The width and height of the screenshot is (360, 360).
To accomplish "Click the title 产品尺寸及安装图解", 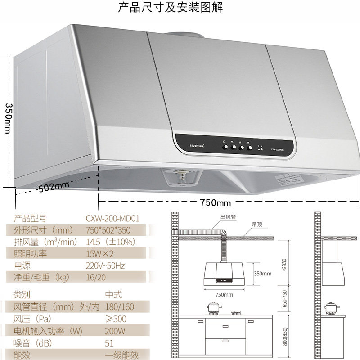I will (x=170, y=8).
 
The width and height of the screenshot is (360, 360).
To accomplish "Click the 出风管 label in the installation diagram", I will (x=228, y=216).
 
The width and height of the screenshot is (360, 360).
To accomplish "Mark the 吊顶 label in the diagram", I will (x=257, y=224).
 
